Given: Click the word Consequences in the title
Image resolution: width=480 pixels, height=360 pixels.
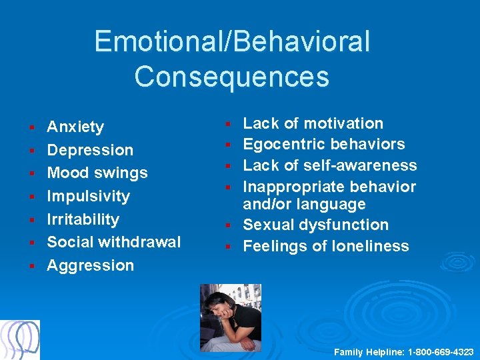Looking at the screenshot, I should [231, 76].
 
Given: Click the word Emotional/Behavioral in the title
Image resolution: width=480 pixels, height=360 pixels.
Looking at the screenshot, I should [231, 41].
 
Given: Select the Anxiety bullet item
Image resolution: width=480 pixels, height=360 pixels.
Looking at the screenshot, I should [75, 127].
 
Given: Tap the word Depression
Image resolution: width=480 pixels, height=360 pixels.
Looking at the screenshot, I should [90, 150].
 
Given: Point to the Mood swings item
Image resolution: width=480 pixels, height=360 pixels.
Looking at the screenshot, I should [97, 173].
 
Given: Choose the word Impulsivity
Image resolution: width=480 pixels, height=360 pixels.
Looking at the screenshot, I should [88, 196].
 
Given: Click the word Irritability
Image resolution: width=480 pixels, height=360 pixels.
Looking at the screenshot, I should [83, 219].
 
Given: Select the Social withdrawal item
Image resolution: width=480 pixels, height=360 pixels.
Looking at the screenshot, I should [113, 242].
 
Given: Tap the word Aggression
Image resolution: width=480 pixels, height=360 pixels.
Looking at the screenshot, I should [90, 265].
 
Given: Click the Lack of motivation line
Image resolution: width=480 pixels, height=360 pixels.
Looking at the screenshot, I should [313, 123].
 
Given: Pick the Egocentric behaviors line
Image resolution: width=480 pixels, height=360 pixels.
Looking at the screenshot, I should [323, 144].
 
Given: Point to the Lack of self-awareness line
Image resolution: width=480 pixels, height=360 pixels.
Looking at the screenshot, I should [329, 165].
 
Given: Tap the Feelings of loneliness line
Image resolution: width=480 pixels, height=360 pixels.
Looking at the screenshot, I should [325, 246].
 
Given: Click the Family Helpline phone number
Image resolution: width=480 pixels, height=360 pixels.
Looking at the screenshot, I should [440, 351].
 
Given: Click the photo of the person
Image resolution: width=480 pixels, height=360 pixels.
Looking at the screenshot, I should [231, 318].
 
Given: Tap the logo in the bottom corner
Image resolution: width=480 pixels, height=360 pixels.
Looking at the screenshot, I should [20, 340].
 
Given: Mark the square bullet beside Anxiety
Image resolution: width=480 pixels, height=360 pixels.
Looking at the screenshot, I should [31, 127].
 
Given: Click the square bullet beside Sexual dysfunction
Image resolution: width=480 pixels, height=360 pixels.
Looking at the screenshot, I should [227, 226].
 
